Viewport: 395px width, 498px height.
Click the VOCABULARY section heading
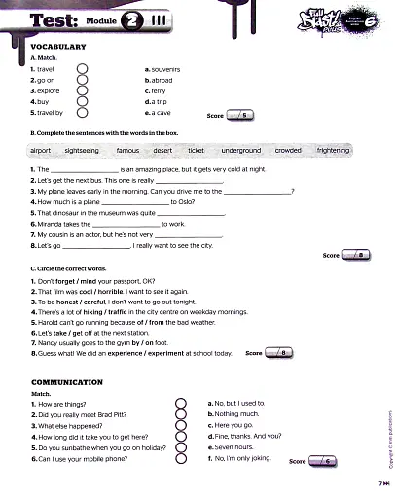click(x=58, y=47)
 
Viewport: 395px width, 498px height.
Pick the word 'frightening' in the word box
click(x=333, y=151)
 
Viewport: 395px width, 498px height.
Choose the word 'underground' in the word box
click(x=240, y=151)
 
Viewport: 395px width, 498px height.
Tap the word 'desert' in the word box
click(x=162, y=151)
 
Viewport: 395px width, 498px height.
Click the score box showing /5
click(x=242, y=115)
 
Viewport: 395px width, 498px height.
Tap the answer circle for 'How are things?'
click(x=180, y=403)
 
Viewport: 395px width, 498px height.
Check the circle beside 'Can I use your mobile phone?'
click(x=180, y=457)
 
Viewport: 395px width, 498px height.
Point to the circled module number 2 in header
click(x=130, y=19)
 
